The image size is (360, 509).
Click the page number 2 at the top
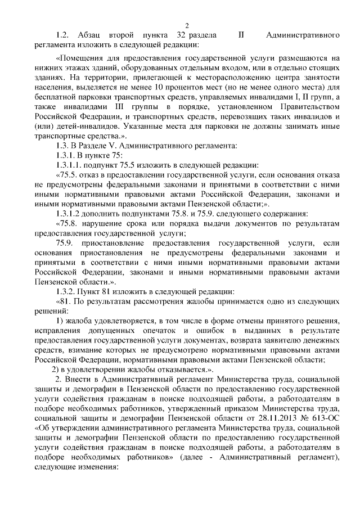tap(187, 26)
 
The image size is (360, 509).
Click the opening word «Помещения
tap(80, 58)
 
